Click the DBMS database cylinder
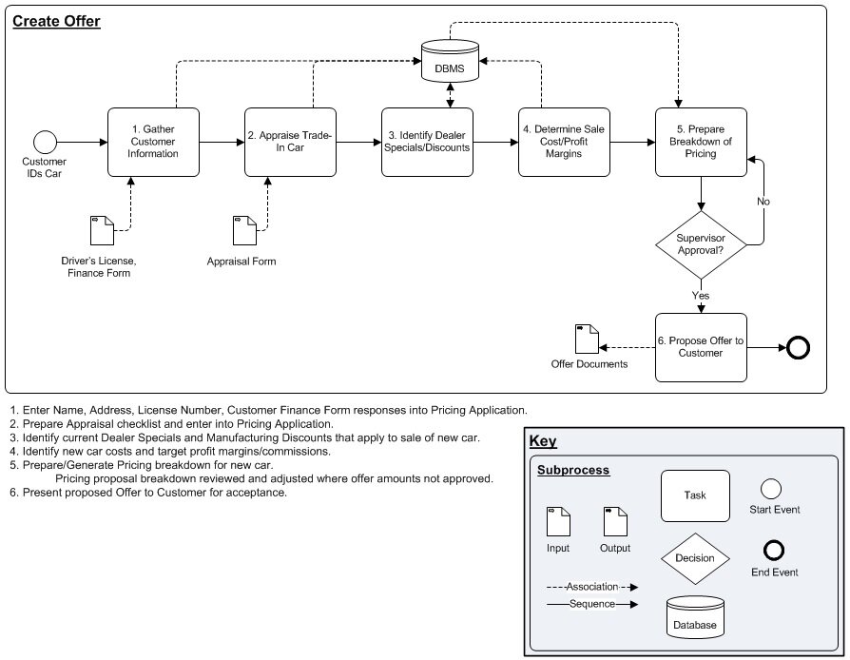click(x=450, y=61)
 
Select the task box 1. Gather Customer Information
click(x=153, y=142)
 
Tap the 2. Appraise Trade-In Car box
click(x=290, y=142)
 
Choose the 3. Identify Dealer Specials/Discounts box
click(x=427, y=142)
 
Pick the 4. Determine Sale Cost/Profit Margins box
click(x=564, y=142)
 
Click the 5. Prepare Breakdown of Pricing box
click(x=701, y=142)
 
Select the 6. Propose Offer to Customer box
click(x=701, y=347)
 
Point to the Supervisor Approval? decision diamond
click(x=701, y=244)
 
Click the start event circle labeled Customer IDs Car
click(x=45, y=142)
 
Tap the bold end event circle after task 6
click(x=798, y=348)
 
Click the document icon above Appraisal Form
click(x=244, y=230)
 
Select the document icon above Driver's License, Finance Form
click(x=102, y=230)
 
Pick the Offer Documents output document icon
click(x=587, y=339)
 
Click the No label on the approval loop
click(x=763, y=202)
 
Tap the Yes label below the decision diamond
click(x=701, y=296)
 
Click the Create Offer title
click(x=56, y=21)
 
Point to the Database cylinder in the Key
click(x=695, y=617)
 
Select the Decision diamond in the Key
click(x=695, y=558)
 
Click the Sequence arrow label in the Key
click(x=592, y=604)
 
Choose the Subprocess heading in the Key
click(x=573, y=470)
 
